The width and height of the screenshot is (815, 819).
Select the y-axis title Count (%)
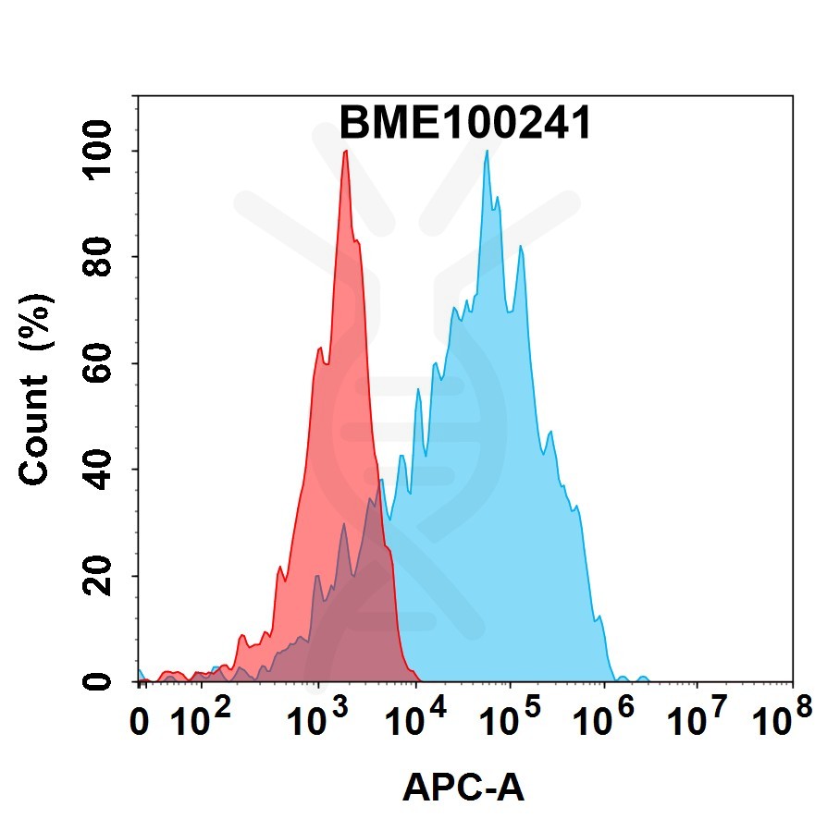[36, 388]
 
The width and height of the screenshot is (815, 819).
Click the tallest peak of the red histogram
[345, 152]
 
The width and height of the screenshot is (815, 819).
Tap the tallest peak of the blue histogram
[486, 152]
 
